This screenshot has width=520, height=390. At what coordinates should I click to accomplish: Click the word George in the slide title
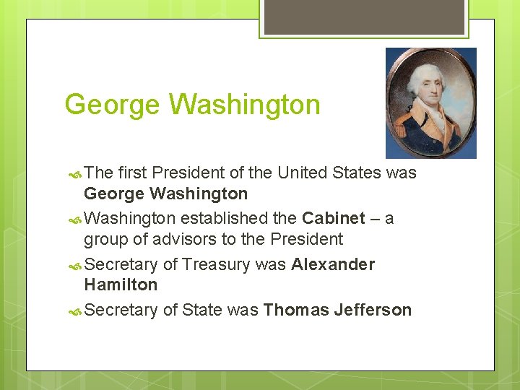pyautogui.click(x=110, y=105)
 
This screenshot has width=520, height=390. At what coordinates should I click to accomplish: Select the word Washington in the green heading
pyautogui.click(x=244, y=105)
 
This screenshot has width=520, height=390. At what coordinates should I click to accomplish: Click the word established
pyautogui.click(x=239, y=219)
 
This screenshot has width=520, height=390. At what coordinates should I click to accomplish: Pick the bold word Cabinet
pyautogui.click(x=334, y=219)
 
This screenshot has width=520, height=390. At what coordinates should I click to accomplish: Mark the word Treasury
pyautogui.click(x=216, y=264)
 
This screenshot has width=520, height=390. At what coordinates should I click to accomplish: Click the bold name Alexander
pyautogui.click(x=333, y=264)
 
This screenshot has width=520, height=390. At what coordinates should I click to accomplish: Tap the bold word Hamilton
pyautogui.click(x=121, y=285)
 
